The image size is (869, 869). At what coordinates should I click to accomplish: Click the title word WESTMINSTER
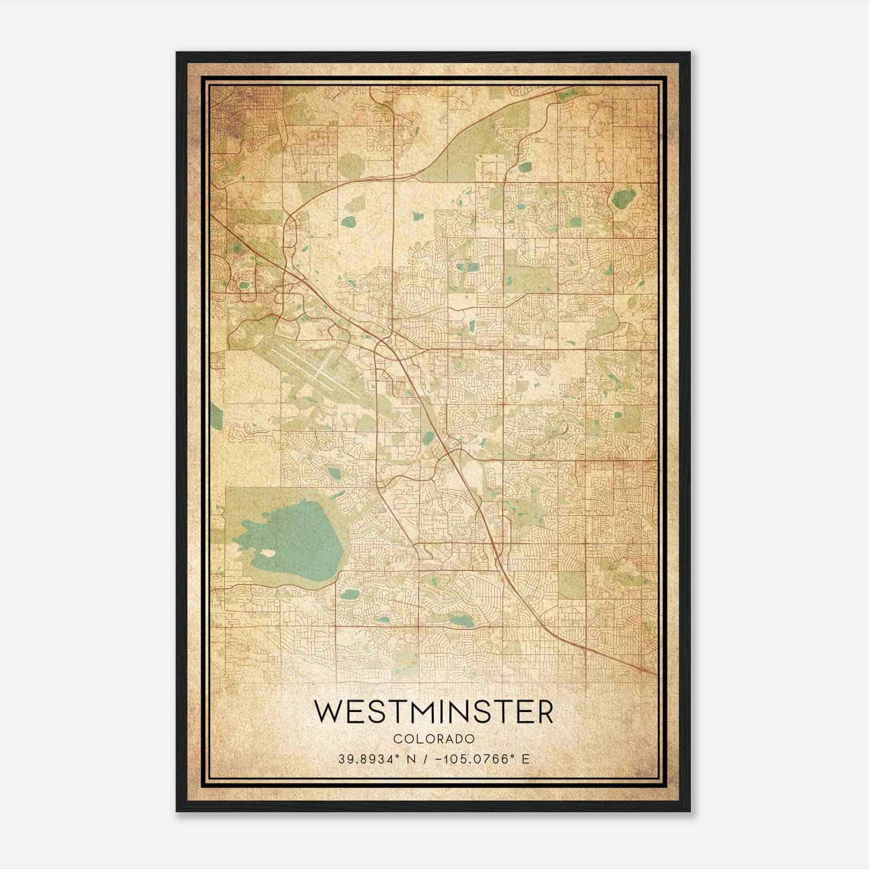pyautogui.click(x=433, y=712)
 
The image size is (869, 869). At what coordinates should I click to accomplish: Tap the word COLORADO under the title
pyautogui.click(x=433, y=739)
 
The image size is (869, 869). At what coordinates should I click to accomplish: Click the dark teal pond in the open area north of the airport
pyautogui.click(x=348, y=222)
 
